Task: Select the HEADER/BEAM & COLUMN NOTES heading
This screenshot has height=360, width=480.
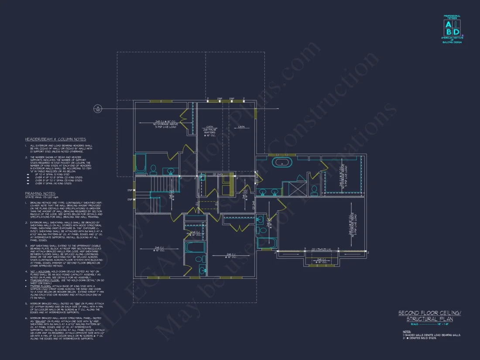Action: (x=55, y=139)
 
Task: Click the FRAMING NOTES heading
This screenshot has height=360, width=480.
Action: (x=40, y=193)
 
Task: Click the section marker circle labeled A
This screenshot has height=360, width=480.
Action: (x=98, y=109)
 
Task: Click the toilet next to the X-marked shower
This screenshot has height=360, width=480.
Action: (x=314, y=190)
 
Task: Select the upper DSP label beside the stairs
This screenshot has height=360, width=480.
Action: (x=130, y=190)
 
